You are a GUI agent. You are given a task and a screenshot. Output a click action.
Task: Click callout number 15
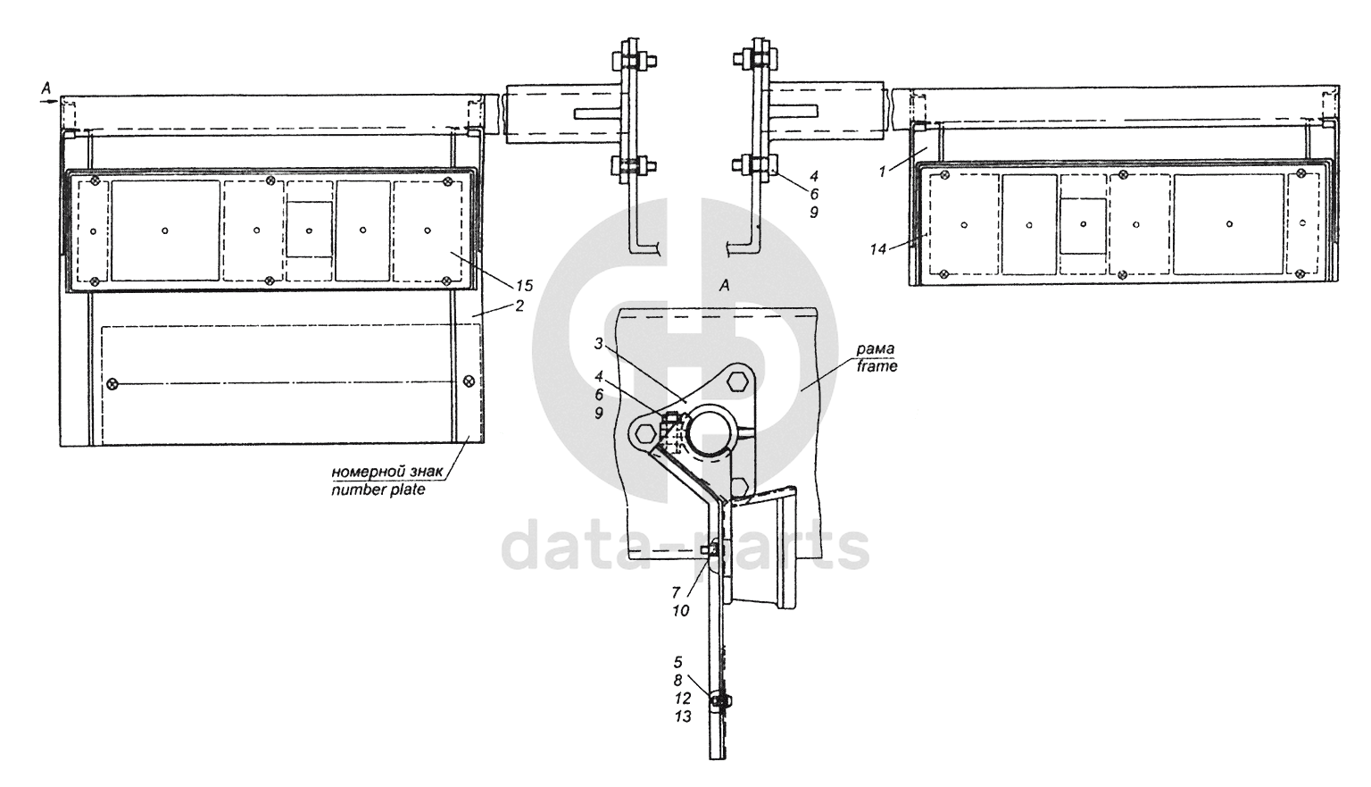524,285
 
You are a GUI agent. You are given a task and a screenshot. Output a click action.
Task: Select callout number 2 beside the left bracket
519,306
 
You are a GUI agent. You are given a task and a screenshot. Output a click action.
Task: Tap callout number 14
877,249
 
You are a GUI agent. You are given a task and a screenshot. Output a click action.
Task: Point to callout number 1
882,172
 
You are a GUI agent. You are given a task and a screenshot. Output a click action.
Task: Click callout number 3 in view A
599,344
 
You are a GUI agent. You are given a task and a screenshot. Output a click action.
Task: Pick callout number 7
676,592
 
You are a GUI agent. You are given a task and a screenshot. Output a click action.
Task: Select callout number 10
680,611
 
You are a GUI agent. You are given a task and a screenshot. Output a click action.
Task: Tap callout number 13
683,716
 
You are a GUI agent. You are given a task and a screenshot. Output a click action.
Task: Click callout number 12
683,698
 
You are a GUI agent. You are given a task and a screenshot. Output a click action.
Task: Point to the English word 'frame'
877,366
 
